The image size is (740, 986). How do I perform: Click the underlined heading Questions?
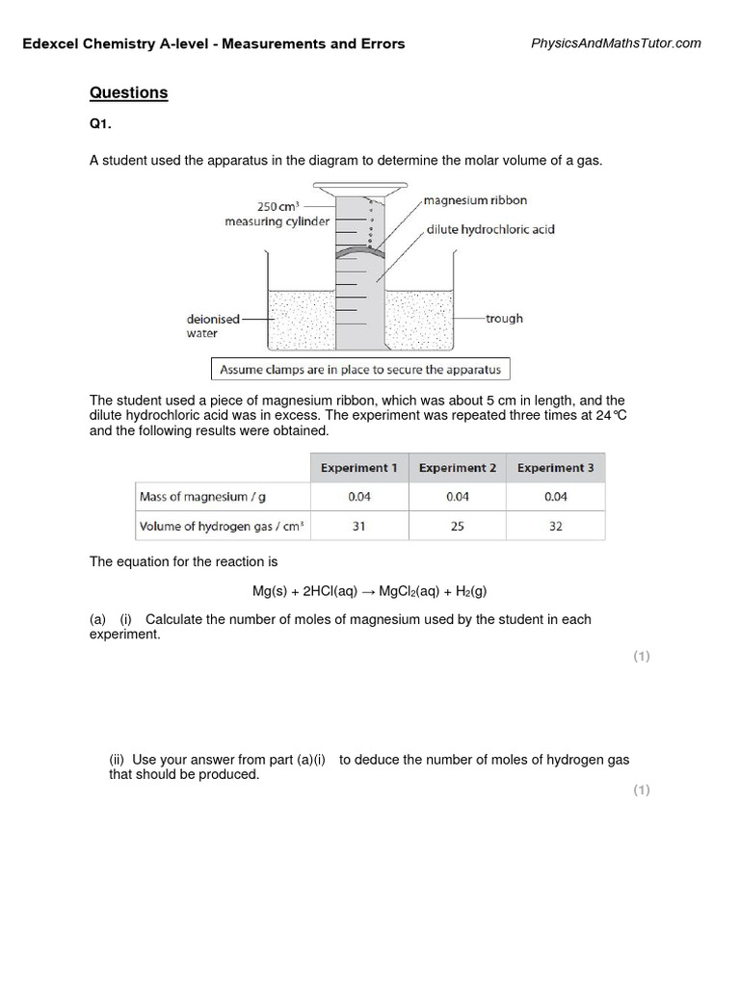(128, 93)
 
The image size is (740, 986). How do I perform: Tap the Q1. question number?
(102, 125)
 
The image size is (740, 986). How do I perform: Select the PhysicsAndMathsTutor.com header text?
(616, 43)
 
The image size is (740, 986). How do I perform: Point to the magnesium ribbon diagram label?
(475, 200)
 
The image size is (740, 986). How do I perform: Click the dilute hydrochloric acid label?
(490, 230)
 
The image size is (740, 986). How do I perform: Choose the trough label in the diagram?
(504, 318)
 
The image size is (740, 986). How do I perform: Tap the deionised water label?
(206, 325)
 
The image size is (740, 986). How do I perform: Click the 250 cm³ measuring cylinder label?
(277, 214)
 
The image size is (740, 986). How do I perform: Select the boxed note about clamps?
(360, 369)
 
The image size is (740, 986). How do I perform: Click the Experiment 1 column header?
(359, 468)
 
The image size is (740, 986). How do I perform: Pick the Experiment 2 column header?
(458, 468)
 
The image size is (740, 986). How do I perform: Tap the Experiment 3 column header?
(555, 468)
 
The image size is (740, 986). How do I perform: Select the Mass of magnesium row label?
(192, 497)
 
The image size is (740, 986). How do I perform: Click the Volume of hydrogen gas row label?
(215, 527)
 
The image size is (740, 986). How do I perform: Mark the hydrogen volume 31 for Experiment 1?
(359, 527)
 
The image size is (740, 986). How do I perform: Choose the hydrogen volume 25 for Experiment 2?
(458, 527)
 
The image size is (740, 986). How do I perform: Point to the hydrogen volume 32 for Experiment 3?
(555, 527)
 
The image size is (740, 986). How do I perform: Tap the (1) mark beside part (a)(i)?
(642, 657)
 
